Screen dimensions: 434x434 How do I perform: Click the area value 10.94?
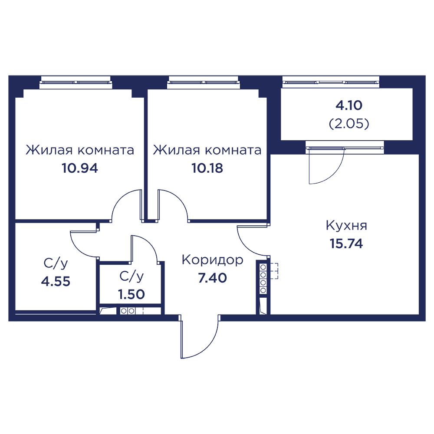(80, 168)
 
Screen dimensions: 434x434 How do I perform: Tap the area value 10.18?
(207, 168)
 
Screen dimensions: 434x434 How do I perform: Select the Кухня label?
(346, 226)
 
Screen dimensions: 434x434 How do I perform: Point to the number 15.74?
(346, 243)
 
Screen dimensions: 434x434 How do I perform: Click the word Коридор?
(212, 260)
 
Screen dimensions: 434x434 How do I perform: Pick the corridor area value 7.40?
(212, 278)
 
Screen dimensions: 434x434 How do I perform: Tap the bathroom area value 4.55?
(56, 281)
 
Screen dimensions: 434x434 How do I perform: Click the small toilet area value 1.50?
(131, 293)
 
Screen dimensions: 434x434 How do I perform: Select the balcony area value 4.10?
(349, 105)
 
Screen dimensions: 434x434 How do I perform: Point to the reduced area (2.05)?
(349, 125)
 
